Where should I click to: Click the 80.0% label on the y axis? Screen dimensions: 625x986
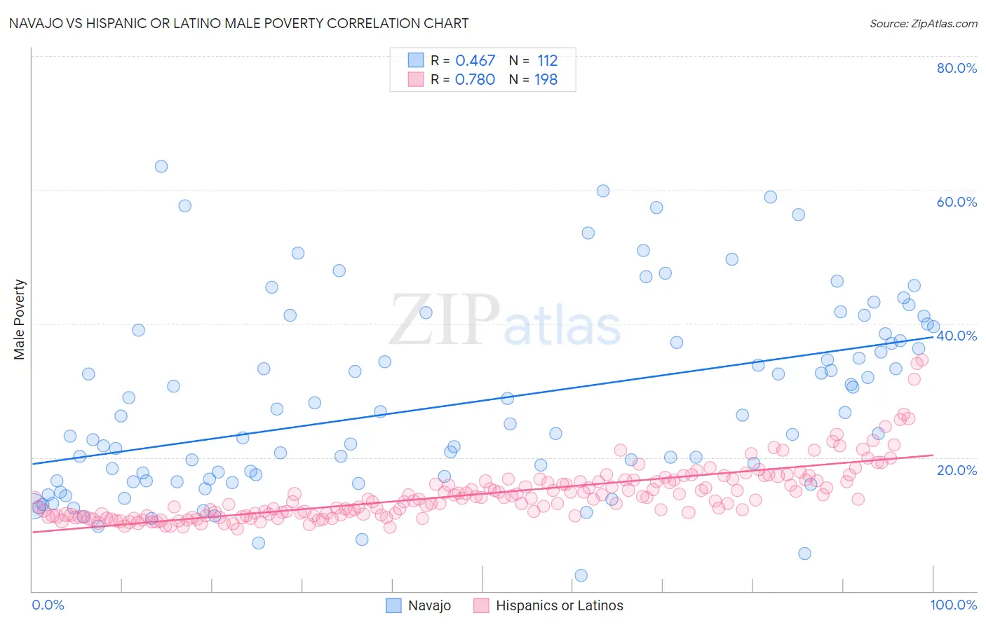[957, 68]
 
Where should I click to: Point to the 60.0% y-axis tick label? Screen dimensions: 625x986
[957, 202]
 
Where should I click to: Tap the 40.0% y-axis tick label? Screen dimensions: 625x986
[957, 336]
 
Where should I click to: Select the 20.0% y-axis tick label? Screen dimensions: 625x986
[957, 469]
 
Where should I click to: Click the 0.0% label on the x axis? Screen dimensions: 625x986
[48, 605]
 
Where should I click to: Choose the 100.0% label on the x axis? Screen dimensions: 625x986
[953, 605]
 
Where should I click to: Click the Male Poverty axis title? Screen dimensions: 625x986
[20, 320]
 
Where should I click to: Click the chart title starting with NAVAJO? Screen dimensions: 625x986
[238, 23]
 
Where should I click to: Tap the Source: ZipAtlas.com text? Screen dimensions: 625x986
[923, 24]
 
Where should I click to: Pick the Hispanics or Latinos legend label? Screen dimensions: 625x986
[559, 605]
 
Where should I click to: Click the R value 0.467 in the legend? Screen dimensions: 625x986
[475, 61]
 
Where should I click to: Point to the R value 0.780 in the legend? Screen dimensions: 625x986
[475, 80]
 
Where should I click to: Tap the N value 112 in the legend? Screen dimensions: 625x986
[547, 61]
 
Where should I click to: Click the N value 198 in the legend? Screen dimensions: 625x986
[546, 80]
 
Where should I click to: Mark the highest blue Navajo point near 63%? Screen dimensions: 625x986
[161, 167]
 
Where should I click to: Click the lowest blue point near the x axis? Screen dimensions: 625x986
[581, 575]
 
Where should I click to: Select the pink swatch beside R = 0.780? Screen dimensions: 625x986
[416, 79]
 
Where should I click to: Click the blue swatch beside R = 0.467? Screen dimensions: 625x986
[416, 60]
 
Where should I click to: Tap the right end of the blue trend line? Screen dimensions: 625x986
[933, 337]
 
